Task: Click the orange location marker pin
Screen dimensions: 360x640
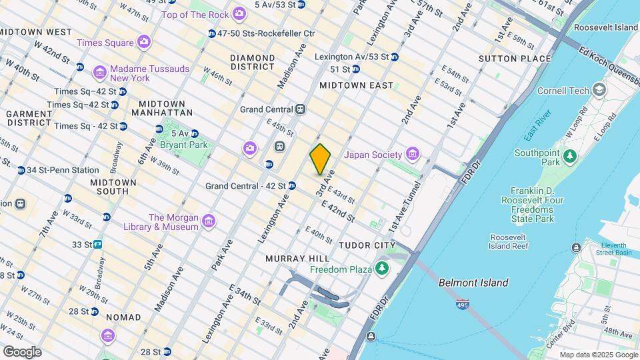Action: click(x=320, y=159)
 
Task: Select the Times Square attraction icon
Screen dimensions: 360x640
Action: click(x=143, y=43)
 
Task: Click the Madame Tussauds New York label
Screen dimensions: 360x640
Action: click(x=149, y=73)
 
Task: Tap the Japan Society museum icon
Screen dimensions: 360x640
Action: click(x=412, y=155)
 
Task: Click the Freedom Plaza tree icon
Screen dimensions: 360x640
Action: click(x=382, y=269)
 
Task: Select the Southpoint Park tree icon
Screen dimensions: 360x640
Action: click(x=569, y=156)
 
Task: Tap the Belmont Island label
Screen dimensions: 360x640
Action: click(x=473, y=283)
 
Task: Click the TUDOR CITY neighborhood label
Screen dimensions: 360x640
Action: click(x=367, y=245)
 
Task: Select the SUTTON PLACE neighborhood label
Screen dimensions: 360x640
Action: click(x=515, y=59)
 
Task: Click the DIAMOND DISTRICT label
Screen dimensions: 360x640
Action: click(x=253, y=62)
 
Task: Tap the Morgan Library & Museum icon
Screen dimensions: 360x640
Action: click(x=208, y=221)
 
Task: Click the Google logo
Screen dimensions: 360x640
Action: click(x=22, y=351)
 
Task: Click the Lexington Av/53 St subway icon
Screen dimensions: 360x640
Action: click(x=395, y=57)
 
